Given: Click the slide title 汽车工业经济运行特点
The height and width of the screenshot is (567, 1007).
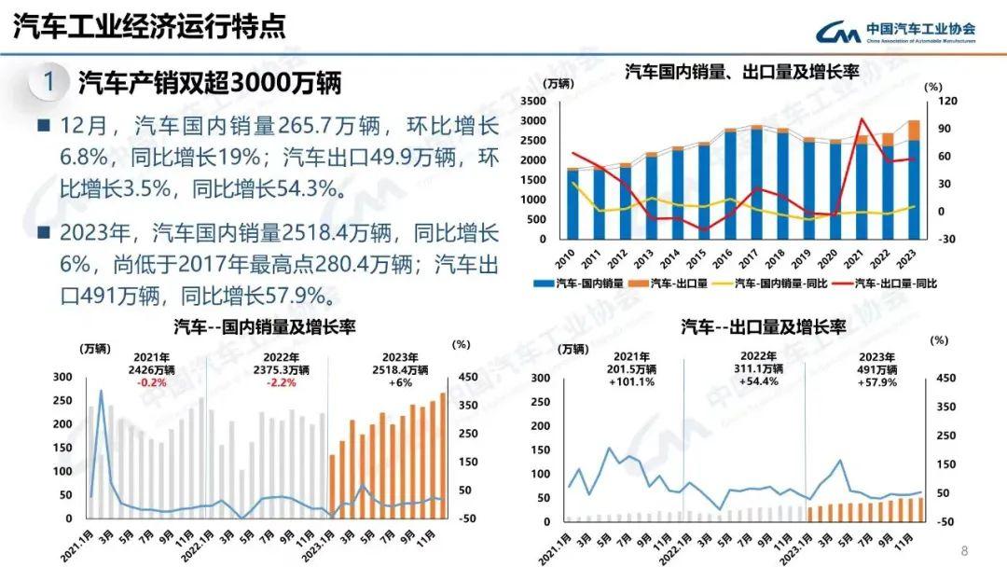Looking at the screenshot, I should [x=149, y=26].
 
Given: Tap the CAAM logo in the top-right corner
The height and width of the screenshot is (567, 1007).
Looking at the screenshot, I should [x=895, y=32].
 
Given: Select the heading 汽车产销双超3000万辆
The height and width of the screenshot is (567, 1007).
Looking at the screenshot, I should [x=210, y=83].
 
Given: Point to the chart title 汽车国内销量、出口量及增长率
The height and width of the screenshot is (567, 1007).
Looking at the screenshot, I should [x=740, y=71].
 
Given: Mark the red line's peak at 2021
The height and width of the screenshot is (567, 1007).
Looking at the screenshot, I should [x=862, y=118].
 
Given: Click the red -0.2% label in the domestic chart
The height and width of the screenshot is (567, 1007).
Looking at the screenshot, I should [x=151, y=383].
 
